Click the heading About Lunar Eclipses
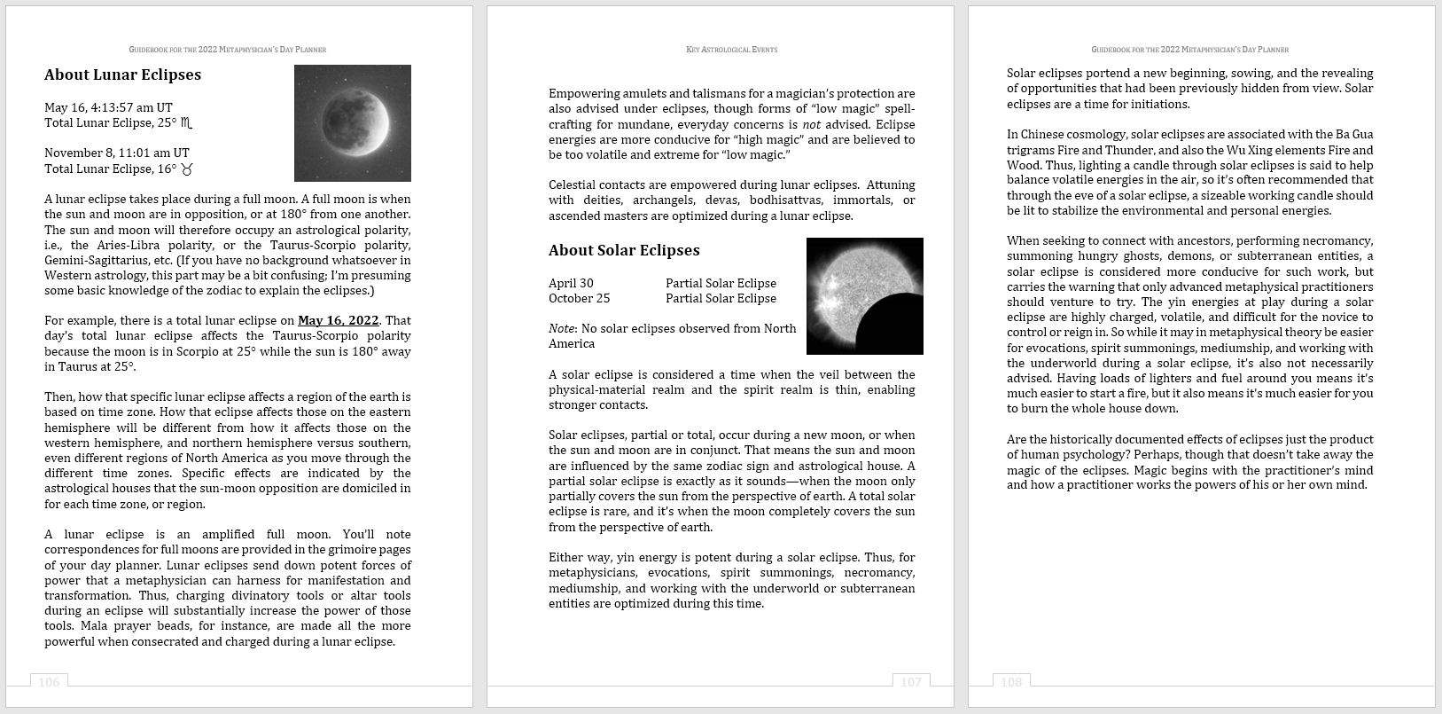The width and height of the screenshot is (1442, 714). coord(122,75)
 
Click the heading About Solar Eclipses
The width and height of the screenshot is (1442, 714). coord(624,250)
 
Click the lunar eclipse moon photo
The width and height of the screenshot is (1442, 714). coord(353,122)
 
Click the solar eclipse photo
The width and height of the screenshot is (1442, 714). coord(864,295)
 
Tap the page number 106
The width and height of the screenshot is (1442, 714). coord(49,681)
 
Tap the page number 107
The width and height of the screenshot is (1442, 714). coord(910,681)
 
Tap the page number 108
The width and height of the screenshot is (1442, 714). coord(1010,681)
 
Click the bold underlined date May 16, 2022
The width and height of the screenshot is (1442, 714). coord(338,320)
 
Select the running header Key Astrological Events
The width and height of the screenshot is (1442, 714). coord(731,50)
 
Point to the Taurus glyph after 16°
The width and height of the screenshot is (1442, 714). coord(187,169)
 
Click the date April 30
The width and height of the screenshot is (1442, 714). coord(571,283)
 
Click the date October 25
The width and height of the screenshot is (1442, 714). coord(579,298)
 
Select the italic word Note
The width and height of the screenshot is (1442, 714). coord(560,328)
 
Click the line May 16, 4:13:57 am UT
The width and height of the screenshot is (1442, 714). coord(108,107)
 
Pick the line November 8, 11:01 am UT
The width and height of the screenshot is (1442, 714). coord(116,153)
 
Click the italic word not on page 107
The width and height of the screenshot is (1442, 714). coord(810,124)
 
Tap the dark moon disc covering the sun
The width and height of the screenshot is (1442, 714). coord(891,326)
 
